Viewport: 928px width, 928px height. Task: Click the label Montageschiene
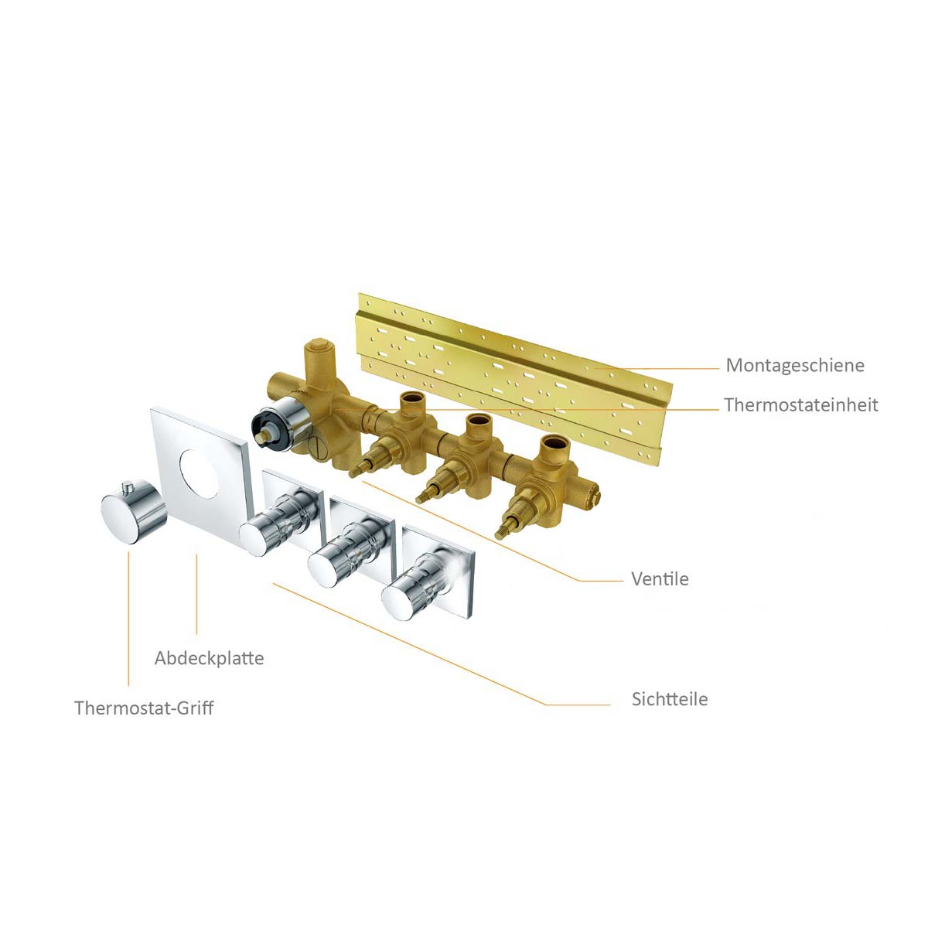[795, 365]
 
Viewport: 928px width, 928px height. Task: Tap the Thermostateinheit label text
[801, 404]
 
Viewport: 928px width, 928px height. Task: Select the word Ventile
[660, 578]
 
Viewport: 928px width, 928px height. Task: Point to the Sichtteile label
[670, 699]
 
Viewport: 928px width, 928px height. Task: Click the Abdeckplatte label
[209, 658]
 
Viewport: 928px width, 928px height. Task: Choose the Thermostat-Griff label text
[144, 708]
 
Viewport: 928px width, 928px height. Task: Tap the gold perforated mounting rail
[510, 371]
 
